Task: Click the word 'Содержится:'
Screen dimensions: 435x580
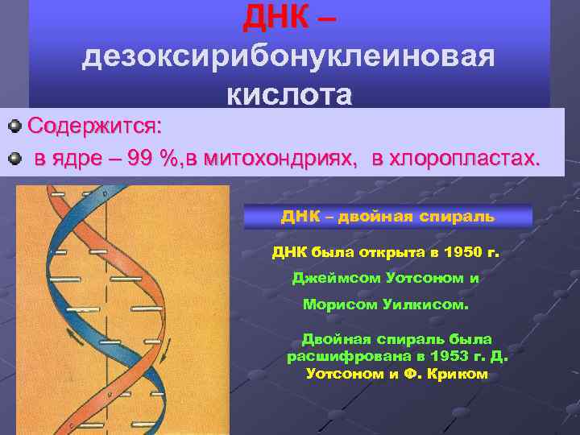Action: (94, 126)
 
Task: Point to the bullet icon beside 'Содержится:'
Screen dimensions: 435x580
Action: (14, 126)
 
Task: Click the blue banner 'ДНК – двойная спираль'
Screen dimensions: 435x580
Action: (387, 217)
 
